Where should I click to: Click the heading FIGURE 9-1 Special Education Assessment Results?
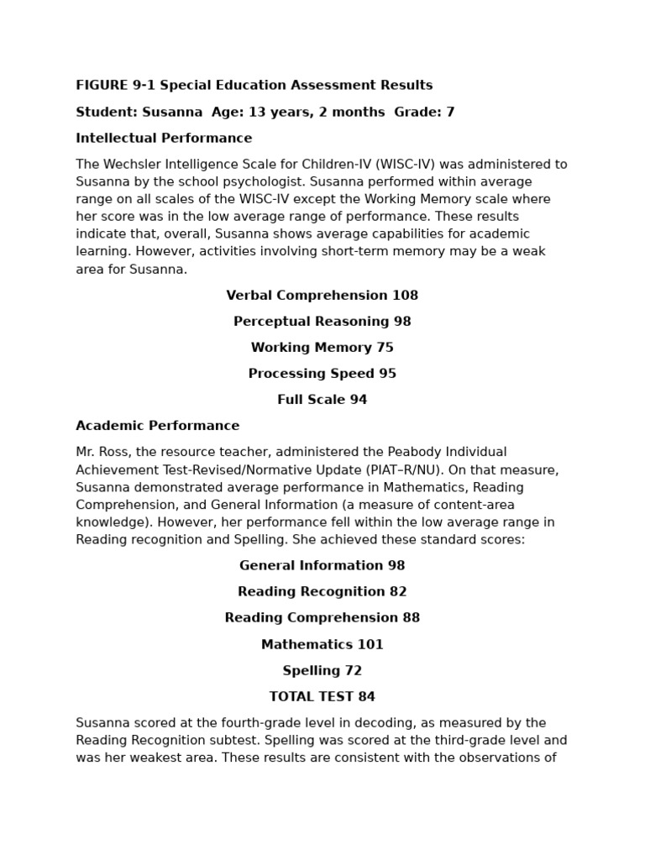click(x=254, y=86)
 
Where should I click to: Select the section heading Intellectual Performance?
click(x=164, y=138)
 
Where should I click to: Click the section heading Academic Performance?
click(x=158, y=426)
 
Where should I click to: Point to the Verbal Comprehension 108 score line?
click(x=322, y=296)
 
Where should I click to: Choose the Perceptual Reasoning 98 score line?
click(x=322, y=322)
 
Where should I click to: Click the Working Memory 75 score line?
click(x=322, y=348)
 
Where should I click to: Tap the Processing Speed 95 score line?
click(x=322, y=374)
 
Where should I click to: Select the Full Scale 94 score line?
click(x=322, y=400)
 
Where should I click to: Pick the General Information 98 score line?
click(x=322, y=566)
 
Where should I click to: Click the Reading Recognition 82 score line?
click(x=322, y=592)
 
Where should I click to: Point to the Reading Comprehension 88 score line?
click(x=322, y=618)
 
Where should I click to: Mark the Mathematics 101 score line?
click(x=322, y=645)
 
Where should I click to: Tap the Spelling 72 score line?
click(x=322, y=671)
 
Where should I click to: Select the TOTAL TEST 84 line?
click(x=322, y=697)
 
